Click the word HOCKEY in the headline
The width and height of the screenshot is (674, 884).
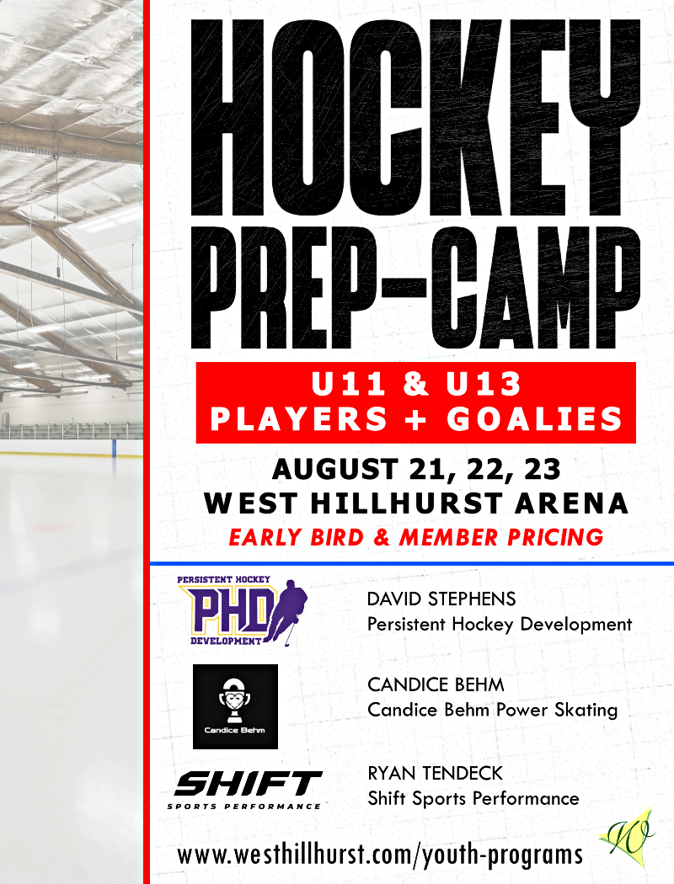tap(415, 118)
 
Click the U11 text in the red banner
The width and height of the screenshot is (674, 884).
tap(349, 384)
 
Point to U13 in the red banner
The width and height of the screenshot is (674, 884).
tap(484, 384)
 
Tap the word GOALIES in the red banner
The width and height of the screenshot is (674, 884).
tap(535, 419)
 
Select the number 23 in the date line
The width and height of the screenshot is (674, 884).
tap(543, 469)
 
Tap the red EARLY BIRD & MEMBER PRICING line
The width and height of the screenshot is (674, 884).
tap(416, 537)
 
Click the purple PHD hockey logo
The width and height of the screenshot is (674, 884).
tap(243, 611)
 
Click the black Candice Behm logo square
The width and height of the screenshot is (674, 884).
tap(235, 706)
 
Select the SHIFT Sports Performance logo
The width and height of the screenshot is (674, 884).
tap(246, 791)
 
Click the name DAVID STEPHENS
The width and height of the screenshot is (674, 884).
tap(441, 599)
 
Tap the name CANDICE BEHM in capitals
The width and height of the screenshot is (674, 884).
tap(436, 684)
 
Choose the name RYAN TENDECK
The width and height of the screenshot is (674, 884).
tap(435, 773)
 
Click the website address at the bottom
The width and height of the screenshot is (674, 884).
tap(380, 855)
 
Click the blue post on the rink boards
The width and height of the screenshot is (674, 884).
tap(114, 449)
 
